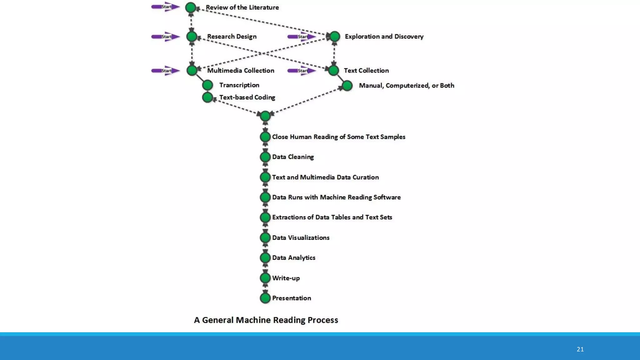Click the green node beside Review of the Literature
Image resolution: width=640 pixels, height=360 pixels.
[191, 7]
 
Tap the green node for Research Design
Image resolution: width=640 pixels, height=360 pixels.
[192, 37]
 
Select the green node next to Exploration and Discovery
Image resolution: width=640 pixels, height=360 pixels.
[335, 37]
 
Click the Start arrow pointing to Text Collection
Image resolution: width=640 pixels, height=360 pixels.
[301, 71]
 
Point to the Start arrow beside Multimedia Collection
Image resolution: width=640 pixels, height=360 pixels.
[165, 71]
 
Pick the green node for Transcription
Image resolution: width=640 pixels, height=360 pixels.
[207, 85]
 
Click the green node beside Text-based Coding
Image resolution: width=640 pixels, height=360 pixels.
[207, 97]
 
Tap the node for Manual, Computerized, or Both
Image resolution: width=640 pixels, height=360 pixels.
[347, 86]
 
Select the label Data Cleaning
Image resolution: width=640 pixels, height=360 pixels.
[293, 157]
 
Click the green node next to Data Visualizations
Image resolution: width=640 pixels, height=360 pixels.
[265, 237]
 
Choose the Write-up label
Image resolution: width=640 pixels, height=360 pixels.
[286, 278]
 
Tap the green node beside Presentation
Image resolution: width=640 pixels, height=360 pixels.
[265, 298]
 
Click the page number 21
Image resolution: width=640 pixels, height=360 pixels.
[580, 349]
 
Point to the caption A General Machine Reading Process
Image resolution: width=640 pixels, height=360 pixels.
[266, 320]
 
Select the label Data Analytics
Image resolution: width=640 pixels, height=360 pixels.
[293, 258]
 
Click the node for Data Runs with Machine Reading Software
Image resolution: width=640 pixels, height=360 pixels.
[265, 197]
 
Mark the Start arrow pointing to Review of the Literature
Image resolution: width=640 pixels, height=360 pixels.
[165, 7]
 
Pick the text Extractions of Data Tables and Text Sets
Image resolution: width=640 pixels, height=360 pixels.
[332, 217]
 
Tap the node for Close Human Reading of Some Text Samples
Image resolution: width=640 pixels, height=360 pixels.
[265, 137]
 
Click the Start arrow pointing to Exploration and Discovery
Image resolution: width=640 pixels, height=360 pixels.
[301, 37]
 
